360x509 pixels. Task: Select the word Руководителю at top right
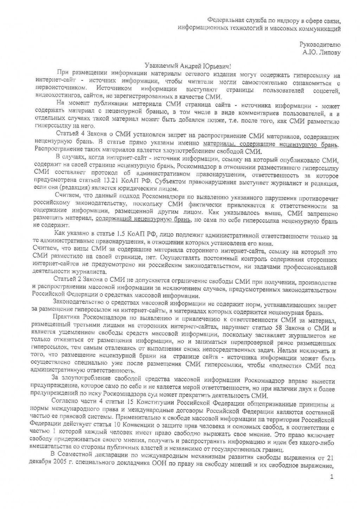[x=320, y=45]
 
